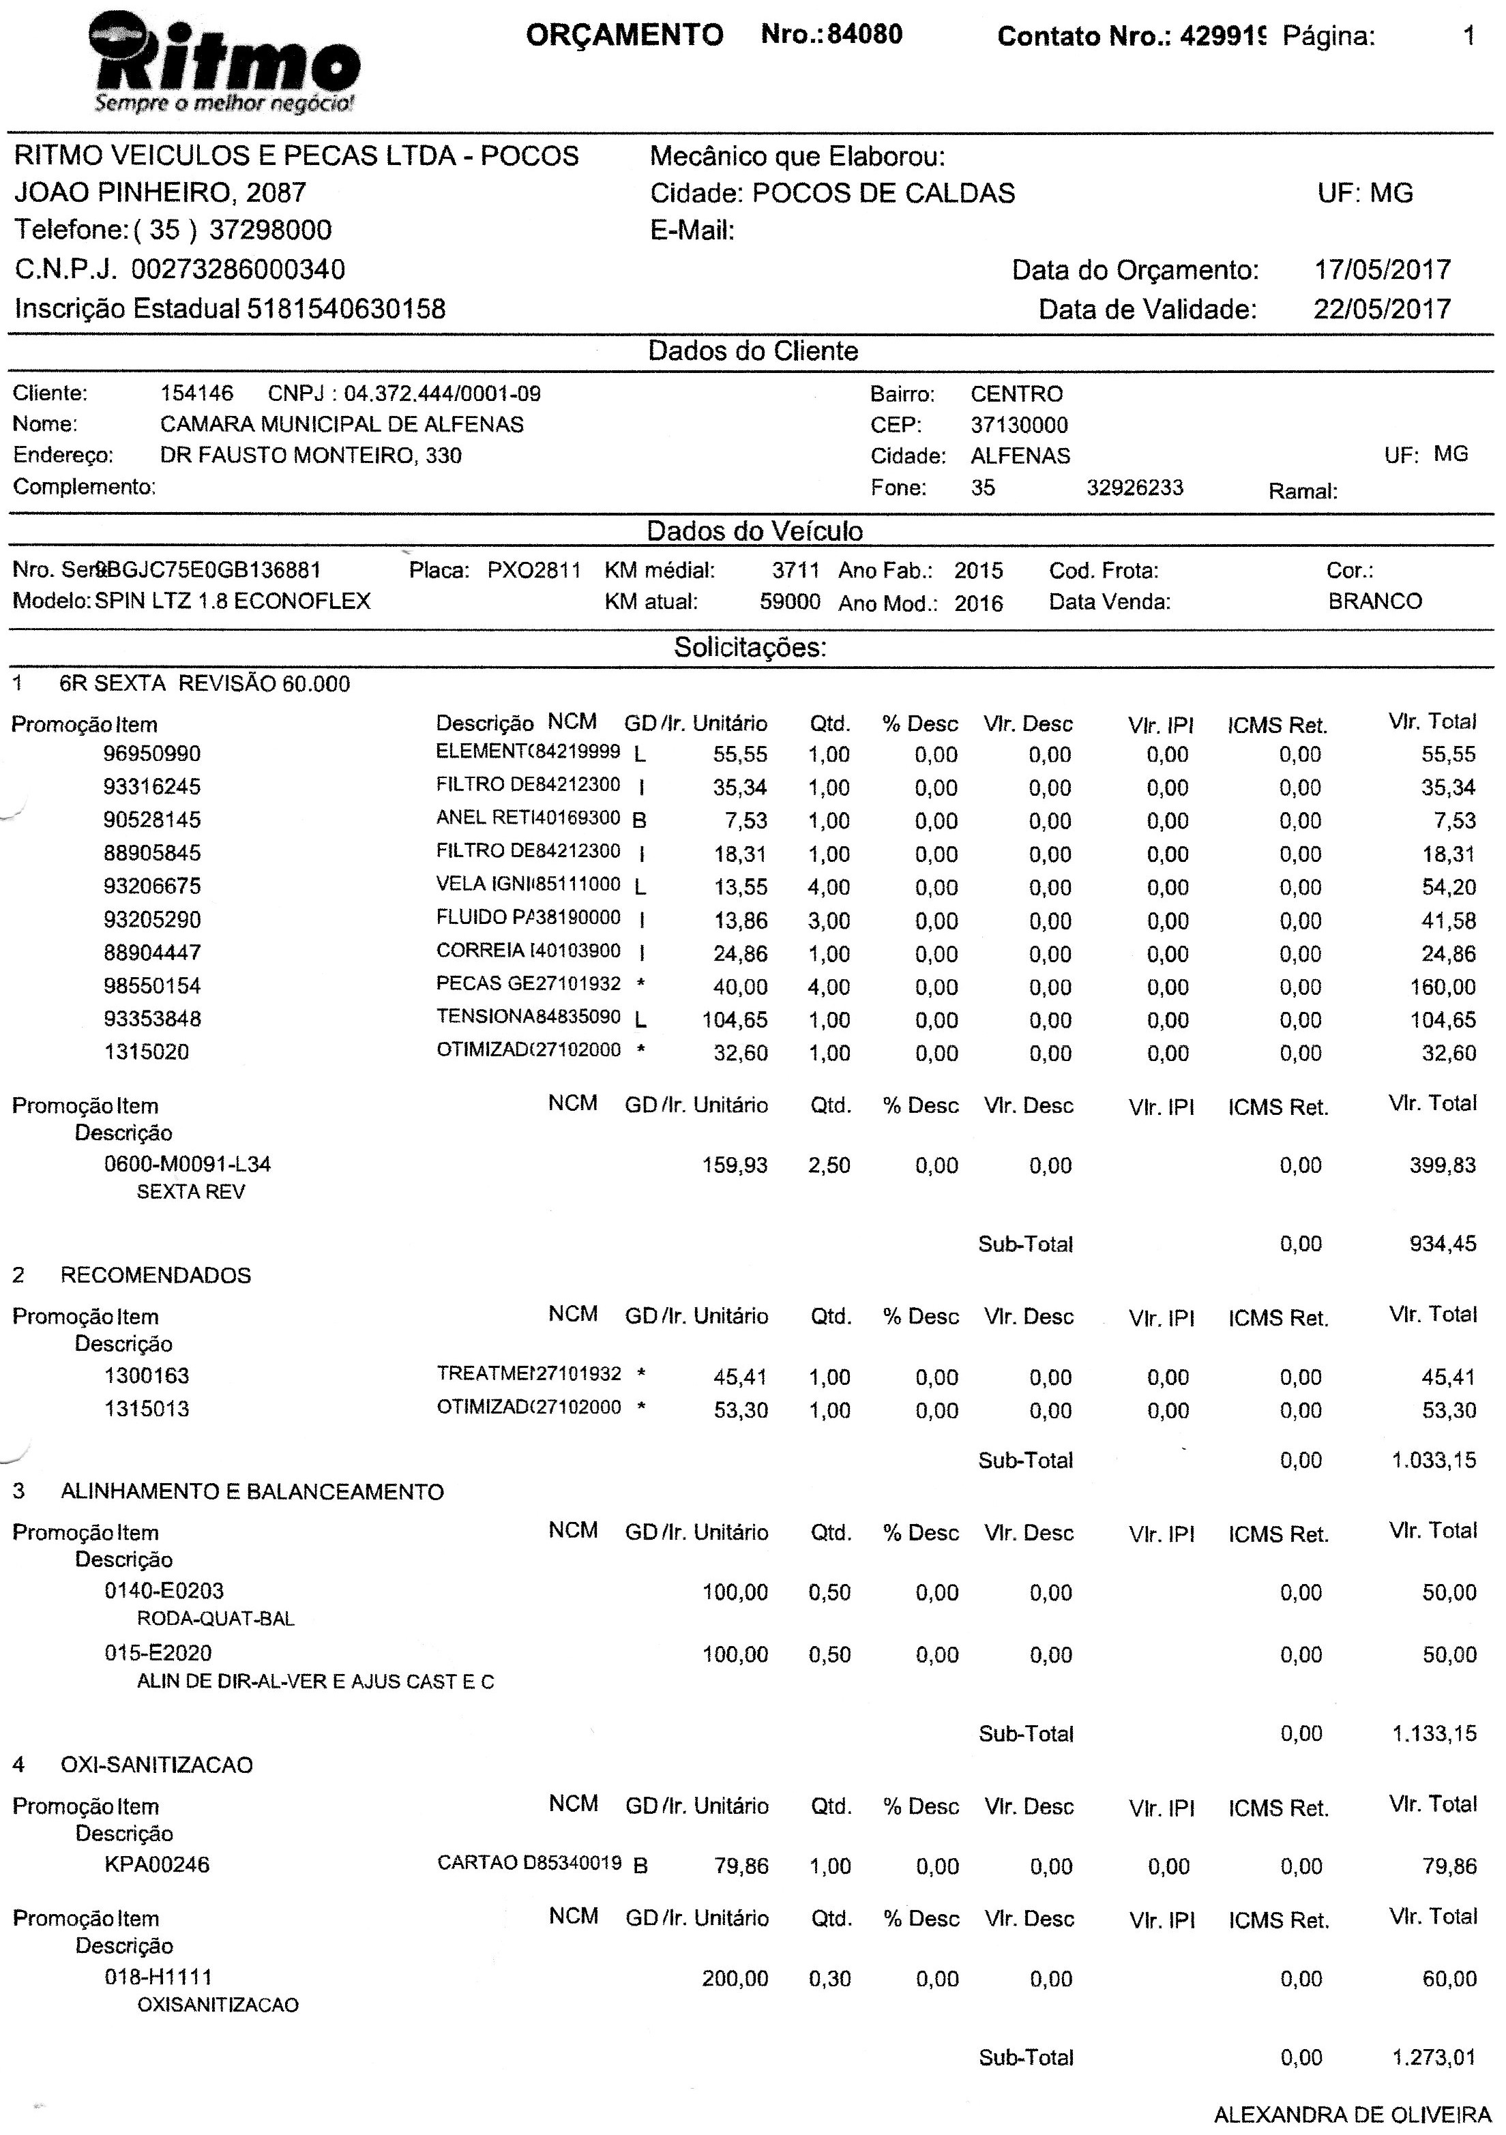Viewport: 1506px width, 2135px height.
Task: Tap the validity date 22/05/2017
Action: click(1381, 309)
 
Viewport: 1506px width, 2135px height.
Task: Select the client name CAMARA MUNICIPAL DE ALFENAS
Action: click(342, 425)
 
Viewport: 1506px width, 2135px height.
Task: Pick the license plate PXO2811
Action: click(534, 570)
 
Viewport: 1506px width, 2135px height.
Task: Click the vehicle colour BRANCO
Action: click(1375, 601)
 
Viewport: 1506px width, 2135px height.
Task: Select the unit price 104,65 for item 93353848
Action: click(735, 1020)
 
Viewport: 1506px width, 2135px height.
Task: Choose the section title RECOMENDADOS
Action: click(156, 1275)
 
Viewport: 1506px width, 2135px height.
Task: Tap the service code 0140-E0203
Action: click(164, 1591)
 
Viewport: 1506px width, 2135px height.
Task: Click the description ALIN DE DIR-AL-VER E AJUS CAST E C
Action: click(315, 1682)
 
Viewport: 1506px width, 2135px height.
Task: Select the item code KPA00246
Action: click(156, 1866)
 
